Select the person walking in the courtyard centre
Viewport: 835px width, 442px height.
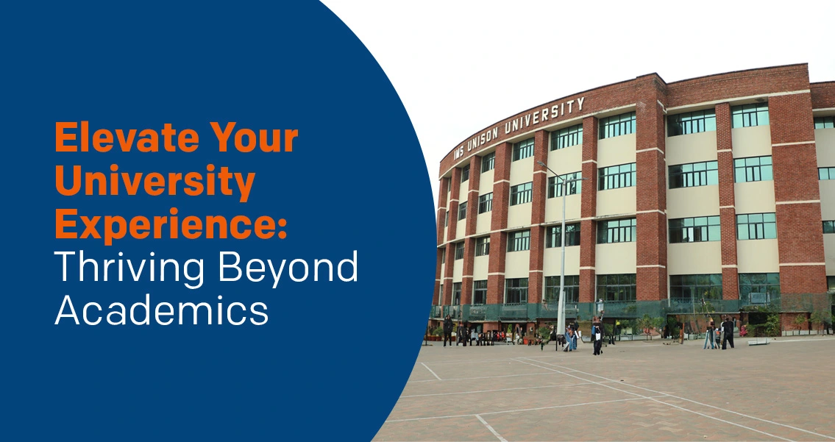[597, 335]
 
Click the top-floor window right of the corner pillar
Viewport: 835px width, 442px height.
[691, 121]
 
